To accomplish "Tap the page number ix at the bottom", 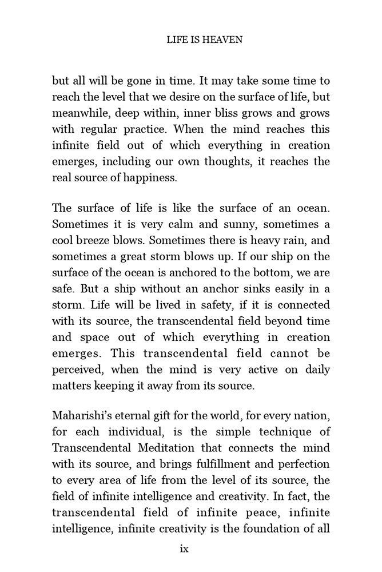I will pos(184,549).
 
